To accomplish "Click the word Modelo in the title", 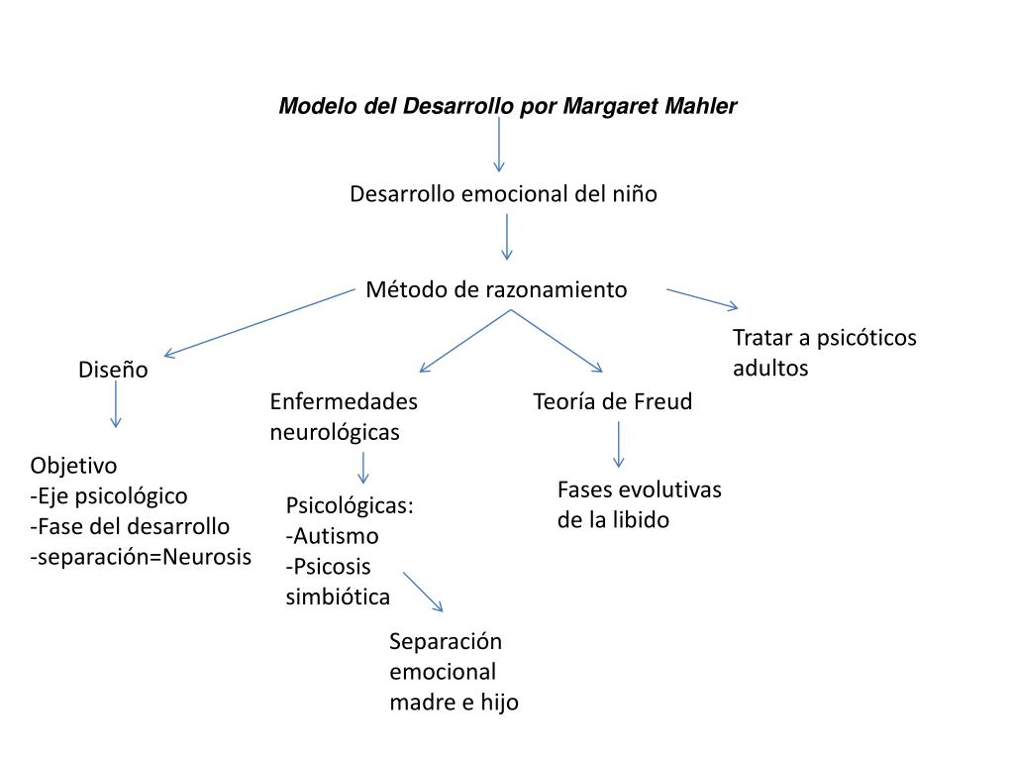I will click(308, 106).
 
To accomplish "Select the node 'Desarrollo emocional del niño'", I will click(503, 194).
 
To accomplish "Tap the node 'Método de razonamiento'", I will click(496, 289).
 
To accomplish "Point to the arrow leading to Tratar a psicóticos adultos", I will click(702, 298).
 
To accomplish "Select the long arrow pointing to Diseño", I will click(259, 322).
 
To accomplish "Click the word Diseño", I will click(113, 371).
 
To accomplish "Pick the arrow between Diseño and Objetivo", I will click(116, 403).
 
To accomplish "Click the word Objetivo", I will click(73, 466).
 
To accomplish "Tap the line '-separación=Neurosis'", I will click(141, 557).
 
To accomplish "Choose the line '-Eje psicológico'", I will click(109, 495).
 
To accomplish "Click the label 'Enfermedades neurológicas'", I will click(343, 416).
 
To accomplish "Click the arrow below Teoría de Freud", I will click(619, 444).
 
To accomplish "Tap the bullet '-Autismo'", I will click(333, 536).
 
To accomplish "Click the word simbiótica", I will click(338, 598).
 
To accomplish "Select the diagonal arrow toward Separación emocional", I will click(423, 592).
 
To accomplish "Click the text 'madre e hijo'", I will click(454, 703).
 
